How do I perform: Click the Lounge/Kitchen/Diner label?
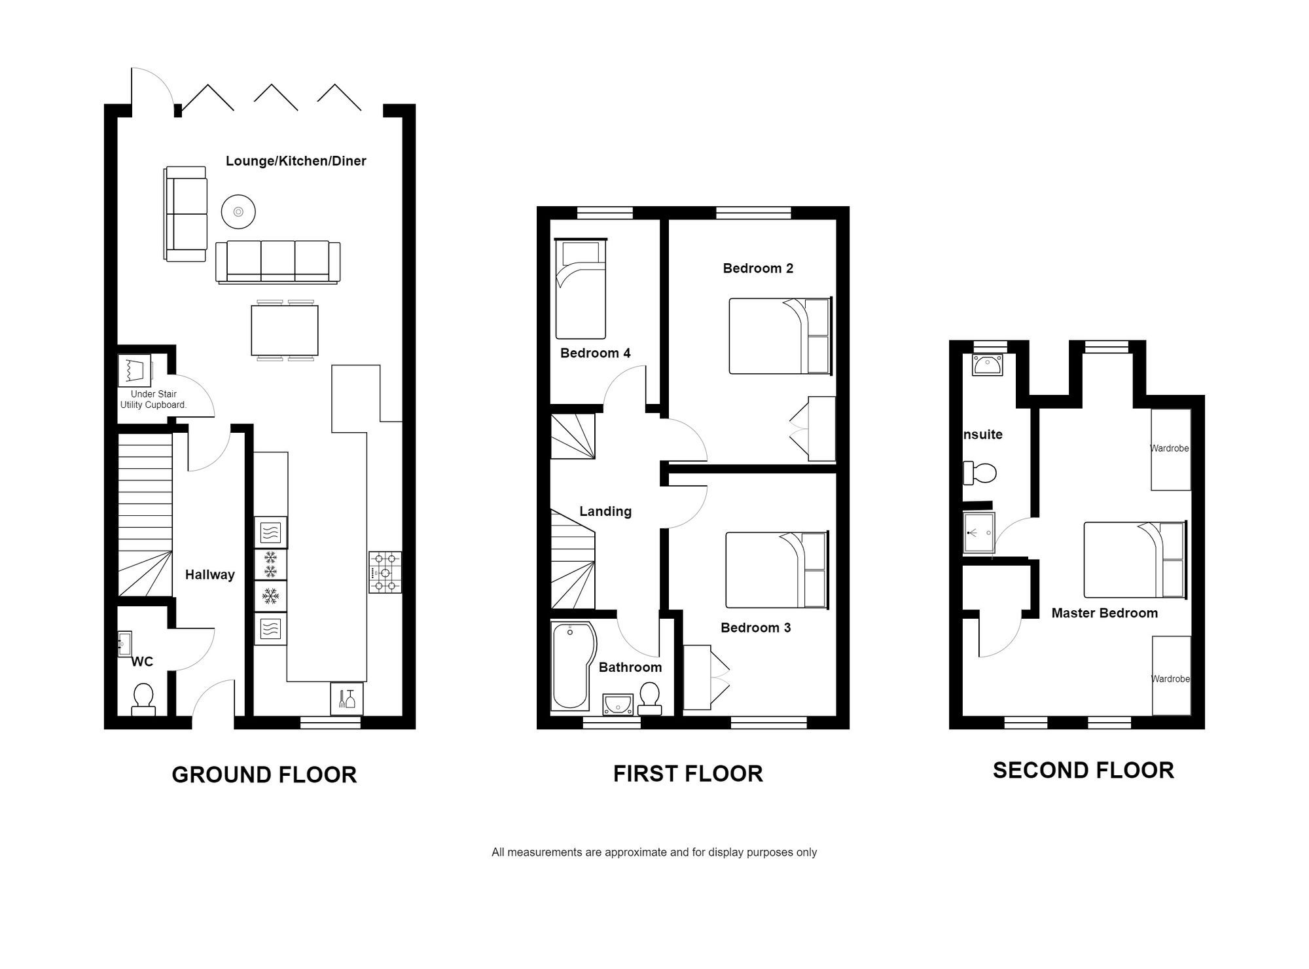click(x=296, y=161)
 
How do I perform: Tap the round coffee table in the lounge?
click(x=238, y=211)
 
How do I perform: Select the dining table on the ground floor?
click(x=285, y=330)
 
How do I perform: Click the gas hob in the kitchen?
click(x=385, y=572)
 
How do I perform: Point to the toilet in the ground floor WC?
click(x=143, y=699)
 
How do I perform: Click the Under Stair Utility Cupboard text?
click(x=153, y=399)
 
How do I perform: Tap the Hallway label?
click(x=209, y=575)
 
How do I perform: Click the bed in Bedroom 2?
click(x=780, y=337)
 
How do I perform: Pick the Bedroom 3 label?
click(x=755, y=628)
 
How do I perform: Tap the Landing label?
click(x=605, y=511)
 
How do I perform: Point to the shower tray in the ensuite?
click(x=979, y=533)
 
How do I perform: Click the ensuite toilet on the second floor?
click(x=980, y=473)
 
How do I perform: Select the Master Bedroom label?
click(x=1104, y=613)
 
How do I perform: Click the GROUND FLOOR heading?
click(x=264, y=775)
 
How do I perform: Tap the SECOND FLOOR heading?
click(x=1083, y=770)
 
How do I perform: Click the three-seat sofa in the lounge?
click(x=278, y=262)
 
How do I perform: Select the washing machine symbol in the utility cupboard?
click(x=134, y=371)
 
